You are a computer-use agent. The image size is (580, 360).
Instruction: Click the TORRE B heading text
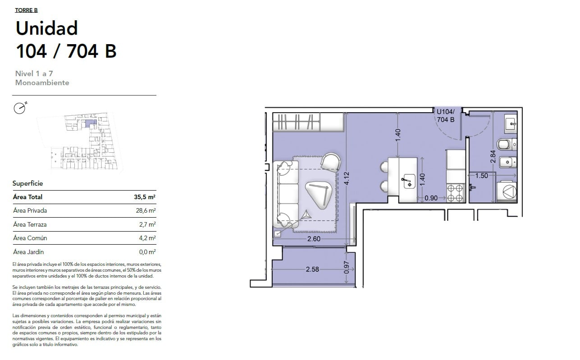(x=26, y=10)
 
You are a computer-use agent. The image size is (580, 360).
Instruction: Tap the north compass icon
(x=20, y=108)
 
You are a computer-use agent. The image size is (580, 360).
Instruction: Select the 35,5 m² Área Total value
(x=145, y=197)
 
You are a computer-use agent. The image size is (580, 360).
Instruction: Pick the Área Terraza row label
(x=30, y=224)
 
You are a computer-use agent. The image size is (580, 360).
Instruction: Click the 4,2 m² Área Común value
(x=147, y=238)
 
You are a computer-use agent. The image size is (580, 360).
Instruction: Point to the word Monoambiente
(x=42, y=82)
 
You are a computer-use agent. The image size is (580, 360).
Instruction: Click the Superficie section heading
(x=27, y=183)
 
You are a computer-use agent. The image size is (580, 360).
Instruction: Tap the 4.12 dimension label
(x=347, y=178)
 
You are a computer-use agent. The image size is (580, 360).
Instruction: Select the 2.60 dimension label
(x=314, y=239)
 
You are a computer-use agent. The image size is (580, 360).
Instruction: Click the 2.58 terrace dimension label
(x=312, y=269)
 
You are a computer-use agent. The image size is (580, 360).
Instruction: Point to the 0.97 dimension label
(x=347, y=267)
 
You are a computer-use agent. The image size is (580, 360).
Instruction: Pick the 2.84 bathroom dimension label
(x=493, y=157)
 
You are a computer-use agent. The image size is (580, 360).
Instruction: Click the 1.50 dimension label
(x=482, y=176)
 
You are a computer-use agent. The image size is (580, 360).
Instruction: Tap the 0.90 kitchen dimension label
(x=431, y=198)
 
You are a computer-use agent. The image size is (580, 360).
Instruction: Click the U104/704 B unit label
(x=445, y=116)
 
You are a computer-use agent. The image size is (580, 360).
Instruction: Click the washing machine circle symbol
(x=509, y=192)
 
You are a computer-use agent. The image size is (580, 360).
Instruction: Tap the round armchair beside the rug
(x=331, y=162)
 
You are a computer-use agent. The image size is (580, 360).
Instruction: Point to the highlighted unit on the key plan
(x=91, y=123)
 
